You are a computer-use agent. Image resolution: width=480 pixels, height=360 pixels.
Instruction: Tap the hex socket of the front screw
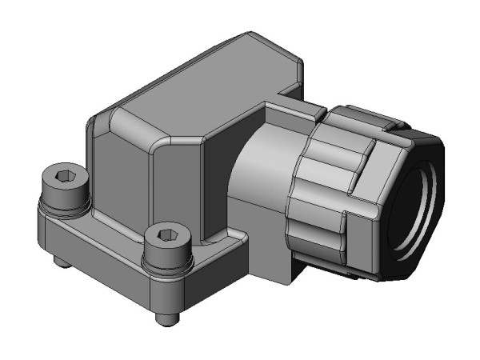(x=166, y=235)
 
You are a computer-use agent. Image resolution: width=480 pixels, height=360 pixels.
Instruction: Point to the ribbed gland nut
(x=336, y=192)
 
